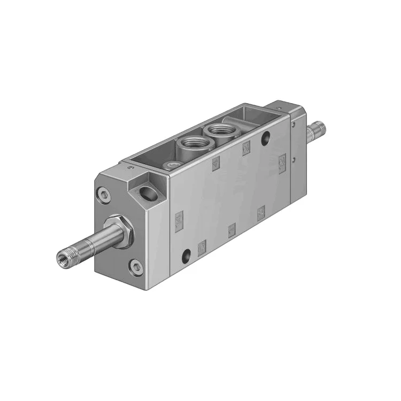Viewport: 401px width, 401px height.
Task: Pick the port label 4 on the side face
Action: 216,163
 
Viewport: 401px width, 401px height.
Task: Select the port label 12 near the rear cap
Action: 282,160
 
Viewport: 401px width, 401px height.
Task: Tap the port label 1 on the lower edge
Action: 232,230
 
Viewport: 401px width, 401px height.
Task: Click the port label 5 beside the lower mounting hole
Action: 202,247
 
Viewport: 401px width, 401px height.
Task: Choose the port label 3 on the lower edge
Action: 261,214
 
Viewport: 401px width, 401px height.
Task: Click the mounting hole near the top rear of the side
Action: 266,140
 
